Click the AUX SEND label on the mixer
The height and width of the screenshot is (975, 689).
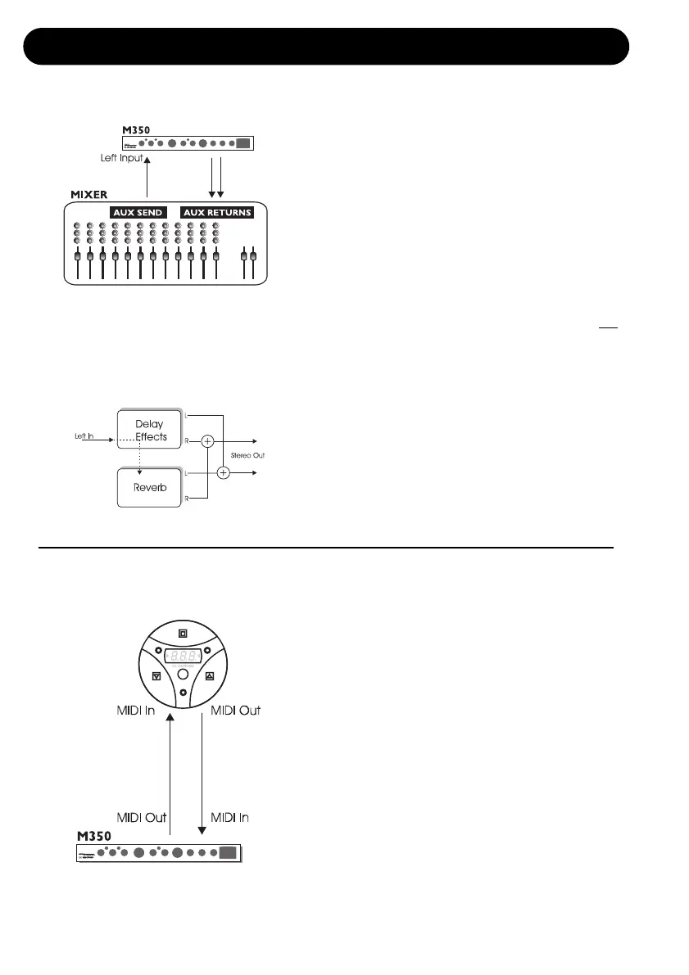click(x=139, y=212)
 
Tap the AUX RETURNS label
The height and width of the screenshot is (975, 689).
click(x=217, y=212)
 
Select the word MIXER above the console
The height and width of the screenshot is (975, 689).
click(x=88, y=193)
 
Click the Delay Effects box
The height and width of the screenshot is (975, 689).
click(x=146, y=431)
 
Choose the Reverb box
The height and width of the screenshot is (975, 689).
click(x=146, y=486)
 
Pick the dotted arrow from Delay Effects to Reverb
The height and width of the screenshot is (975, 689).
click(x=140, y=455)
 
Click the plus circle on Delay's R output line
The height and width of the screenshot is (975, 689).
click(x=208, y=441)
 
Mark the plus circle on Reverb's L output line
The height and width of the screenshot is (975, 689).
click(x=224, y=472)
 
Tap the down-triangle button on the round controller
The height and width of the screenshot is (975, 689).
click(x=156, y=676)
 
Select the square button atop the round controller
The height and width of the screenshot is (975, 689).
click(x=183, y=632)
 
